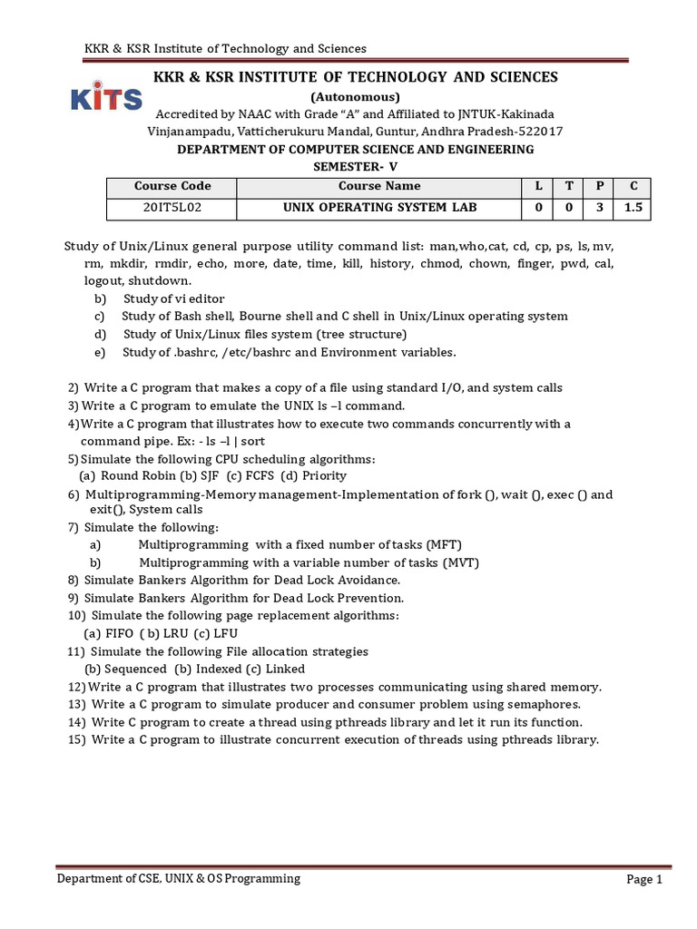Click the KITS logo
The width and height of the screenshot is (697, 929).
point(105,99)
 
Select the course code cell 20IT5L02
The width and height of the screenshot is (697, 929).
point(172,208)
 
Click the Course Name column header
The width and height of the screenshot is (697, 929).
point(379,186)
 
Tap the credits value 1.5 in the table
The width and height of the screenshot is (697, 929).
point(633,208)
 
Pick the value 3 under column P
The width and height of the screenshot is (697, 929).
point(599,208)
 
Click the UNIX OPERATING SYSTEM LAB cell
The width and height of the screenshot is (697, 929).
point(379,208)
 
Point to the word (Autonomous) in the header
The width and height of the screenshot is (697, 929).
point(355,96)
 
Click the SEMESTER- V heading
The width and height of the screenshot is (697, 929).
point(355,166)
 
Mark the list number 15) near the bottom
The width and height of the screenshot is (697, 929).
point(76,739)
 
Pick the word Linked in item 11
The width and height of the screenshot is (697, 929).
point(285,669)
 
